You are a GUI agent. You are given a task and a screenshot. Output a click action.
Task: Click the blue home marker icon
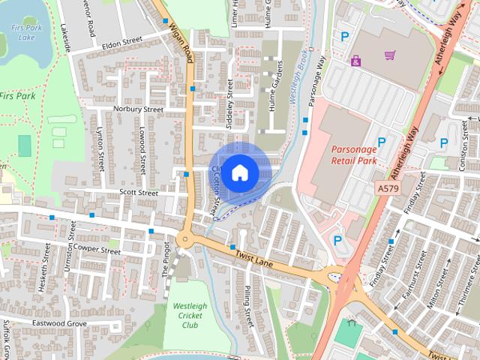[x=239, y=172]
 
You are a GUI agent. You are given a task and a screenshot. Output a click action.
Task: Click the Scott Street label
[x=139, y=193]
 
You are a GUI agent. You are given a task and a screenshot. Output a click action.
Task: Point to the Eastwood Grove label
[x=59, y=322]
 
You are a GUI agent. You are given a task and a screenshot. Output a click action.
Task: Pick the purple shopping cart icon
[x=389, y=55]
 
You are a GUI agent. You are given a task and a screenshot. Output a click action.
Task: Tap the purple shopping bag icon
[x=355, y=61]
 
